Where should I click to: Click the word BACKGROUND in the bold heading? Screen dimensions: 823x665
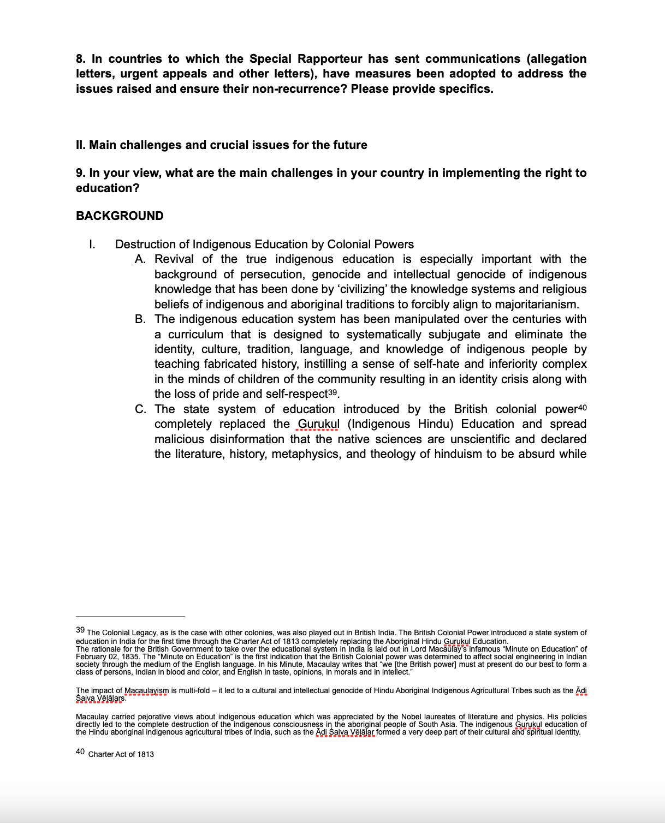pyautogui.click(x=120, y=216)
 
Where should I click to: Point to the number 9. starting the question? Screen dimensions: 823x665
pyautogui.click(x=81, y=173)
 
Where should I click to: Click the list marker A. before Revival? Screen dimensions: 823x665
pyautogui.click(x=140, y=259)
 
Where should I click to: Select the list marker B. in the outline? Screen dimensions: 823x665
pyautogui.click(x=140, y=319)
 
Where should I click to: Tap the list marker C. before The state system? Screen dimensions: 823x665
pyautogui.click(x=140, y=409)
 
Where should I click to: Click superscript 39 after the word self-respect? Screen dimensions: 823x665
pyautogui.click(x=334, y=392)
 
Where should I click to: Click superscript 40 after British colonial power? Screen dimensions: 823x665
pyautogui.click(x=582, y=408)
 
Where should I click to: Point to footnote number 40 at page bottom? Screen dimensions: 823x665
pyautogui.click(x=80, y=752)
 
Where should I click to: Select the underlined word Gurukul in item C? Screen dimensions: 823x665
pyautogui.click(x=319, y=424)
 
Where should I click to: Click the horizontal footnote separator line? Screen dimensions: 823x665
pyautogui.click(x=130, y=616)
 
